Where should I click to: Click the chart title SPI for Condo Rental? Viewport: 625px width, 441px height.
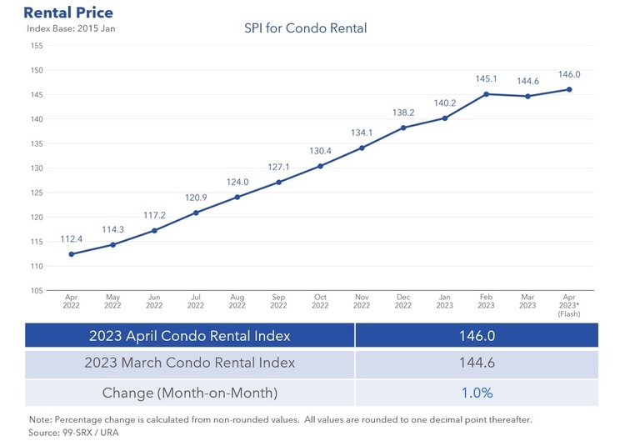(x=305, y=28)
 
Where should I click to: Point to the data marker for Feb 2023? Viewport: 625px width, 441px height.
(x=487, y=93)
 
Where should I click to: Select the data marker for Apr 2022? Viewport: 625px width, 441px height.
(x=71, y=254)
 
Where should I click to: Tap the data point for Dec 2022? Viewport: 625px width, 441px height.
(x=403, y=128)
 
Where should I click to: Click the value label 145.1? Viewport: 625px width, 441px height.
(x=487, y=79)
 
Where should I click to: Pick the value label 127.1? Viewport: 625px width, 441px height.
(x=279, y=167)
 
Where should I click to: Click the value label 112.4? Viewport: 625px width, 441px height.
(x=72, y=238)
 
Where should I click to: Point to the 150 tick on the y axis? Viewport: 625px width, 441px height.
(x=37, y=70)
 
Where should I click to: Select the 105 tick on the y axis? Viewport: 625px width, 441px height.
(x=37, y=291)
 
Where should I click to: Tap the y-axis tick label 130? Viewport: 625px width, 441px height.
(x=37, y=168)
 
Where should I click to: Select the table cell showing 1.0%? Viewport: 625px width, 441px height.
(x=477, y=392)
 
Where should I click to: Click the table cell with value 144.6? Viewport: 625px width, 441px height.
(x=477, y=363)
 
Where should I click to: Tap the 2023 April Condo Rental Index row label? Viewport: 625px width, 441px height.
(x=190, y=336)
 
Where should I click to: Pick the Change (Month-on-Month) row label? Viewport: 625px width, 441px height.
(x=190, y=392)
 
